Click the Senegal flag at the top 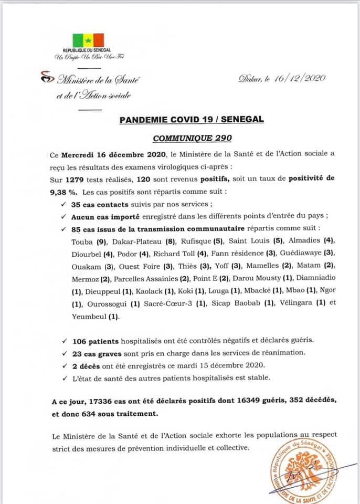88,40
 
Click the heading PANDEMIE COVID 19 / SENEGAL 192,120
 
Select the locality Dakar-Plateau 134,241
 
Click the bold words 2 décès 87,365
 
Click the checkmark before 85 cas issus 63,229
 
